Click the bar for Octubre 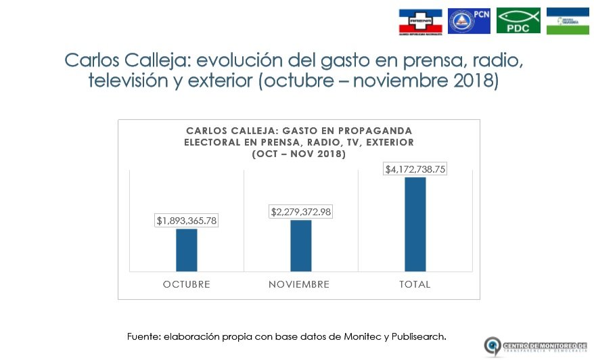click(187, 250)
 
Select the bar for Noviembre click(301, 245)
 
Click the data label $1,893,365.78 click(187, 221)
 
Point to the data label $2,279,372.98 click(301, 212)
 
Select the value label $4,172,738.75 click(415, 169)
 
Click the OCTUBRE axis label click(187, 284)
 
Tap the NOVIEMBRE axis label click(299, 284)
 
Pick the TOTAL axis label click(415, 284)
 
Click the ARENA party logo click(420, 22)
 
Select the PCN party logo click(469, 21)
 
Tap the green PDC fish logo click(518, 21)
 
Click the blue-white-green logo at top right click(567, 21)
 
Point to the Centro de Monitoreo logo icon click(493, 346)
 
